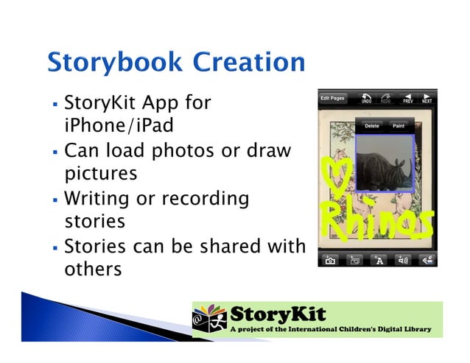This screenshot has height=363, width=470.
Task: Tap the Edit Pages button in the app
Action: (332, 98)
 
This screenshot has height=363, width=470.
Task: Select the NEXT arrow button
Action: (427, 98)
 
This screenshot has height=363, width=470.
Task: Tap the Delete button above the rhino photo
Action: (372, 126)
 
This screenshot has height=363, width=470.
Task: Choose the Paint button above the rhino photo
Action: (399, 126)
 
